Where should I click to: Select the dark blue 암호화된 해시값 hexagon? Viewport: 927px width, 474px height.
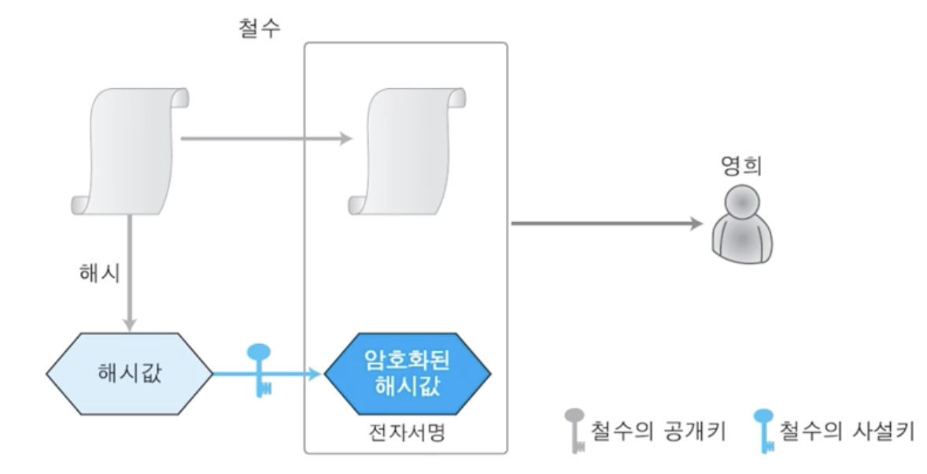pos(407,372)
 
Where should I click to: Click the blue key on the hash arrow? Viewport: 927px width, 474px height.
pos(260,370)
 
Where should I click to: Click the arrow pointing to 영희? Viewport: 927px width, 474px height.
pos(606,224)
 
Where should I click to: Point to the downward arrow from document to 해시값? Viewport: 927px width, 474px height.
pos(131,276)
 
